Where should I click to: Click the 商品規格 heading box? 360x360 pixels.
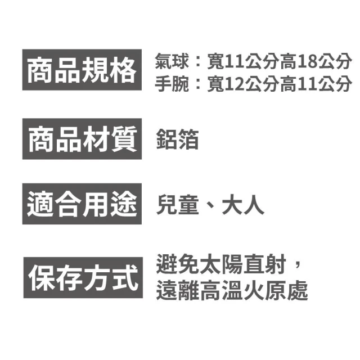pos(82,70)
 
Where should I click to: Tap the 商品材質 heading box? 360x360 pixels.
pos(82,139)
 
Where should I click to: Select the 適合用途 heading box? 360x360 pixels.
pos(82,204)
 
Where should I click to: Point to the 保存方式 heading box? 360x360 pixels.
pos(83,277)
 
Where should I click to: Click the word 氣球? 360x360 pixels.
pos(172,61)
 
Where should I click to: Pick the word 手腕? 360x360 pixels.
pos(172,84)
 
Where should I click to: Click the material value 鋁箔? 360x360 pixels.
pos(177,139)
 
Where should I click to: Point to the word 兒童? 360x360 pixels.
pos(177,204)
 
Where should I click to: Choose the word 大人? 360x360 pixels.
pos(243,204)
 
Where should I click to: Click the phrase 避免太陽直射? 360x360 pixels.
pos(221,264)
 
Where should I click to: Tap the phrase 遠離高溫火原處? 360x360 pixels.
pos(232,290)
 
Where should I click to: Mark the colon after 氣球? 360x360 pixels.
pos(198,62)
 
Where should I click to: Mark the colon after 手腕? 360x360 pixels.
pos(198,84)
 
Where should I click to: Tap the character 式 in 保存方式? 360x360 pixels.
pos(125,278)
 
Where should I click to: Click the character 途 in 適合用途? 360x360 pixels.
pos(124,204)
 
